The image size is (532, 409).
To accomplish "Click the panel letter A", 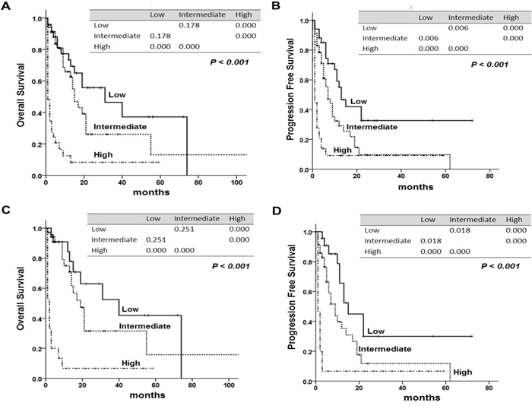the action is [6, 5].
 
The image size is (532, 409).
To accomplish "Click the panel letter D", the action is [277, 211].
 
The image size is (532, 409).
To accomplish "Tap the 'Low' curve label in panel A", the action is [117, 95].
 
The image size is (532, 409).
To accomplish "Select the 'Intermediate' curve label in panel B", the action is [372, 127].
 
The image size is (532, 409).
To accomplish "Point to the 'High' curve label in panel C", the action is [131, 363].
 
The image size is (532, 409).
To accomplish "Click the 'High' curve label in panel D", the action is [462, 373].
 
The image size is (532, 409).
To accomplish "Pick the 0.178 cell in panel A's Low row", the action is [189, 25].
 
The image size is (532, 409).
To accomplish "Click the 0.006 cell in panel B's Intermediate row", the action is [428, 38].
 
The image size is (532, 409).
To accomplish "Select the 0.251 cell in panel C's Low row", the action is [184, 229].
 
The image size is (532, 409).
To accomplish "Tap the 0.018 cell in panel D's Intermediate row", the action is [431, 241].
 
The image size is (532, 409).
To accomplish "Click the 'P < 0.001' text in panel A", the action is [230, 62].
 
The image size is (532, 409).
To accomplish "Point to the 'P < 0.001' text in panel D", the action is [500, 266].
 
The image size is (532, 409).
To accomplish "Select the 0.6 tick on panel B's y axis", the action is [305, 80].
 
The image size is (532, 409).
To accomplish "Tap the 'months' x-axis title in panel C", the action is [147, 395].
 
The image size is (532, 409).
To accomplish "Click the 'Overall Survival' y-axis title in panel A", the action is [21, 95].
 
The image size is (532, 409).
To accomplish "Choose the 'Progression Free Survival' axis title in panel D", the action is [291, 296].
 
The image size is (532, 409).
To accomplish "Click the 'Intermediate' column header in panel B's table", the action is [470, 17].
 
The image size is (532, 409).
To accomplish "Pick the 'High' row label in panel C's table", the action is [100, 250].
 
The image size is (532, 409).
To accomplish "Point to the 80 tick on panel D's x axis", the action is [489, 388].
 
